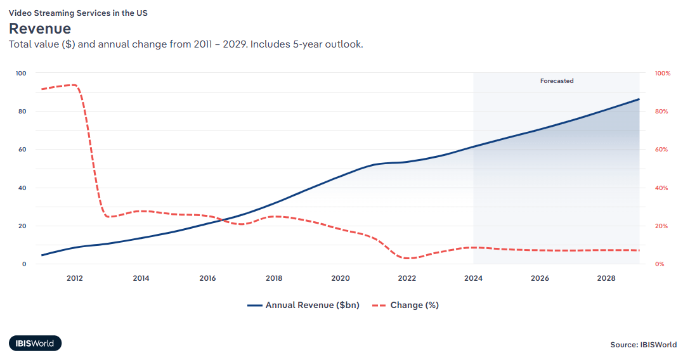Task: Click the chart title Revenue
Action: [39, 29]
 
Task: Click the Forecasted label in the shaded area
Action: [557, 81]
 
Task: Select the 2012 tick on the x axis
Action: [74, 278]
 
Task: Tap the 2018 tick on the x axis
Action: [274, 278]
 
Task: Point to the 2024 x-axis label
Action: [473, 278]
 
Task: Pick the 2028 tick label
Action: [606, 278]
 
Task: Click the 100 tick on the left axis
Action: [21, 74]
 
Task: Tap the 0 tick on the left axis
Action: [24, 264]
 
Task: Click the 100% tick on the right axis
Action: [662, 74]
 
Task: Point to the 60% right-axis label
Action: [661, 150]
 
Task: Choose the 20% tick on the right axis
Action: [661, 226]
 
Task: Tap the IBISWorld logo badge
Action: [36, 344]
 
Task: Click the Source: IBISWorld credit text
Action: [643, 345]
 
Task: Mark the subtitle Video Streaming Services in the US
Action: [78, 12]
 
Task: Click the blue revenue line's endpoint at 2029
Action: [639, 99]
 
